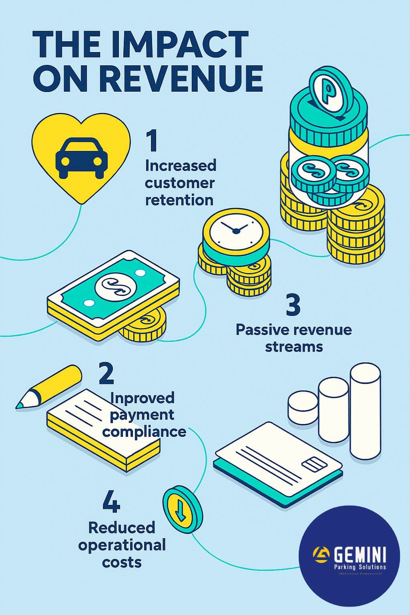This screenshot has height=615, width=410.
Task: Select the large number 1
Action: pos(152,141)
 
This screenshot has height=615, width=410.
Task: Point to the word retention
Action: pos(179,200)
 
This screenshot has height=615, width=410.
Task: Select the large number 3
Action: pos(293,305)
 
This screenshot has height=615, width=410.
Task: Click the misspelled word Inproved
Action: pos(142,398)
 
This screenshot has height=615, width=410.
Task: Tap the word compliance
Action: pos(147,432)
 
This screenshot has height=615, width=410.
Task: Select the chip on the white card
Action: pos(314,465)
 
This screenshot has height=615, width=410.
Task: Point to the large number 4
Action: pos(111,502)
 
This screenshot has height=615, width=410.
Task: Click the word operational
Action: pos(122,545)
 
